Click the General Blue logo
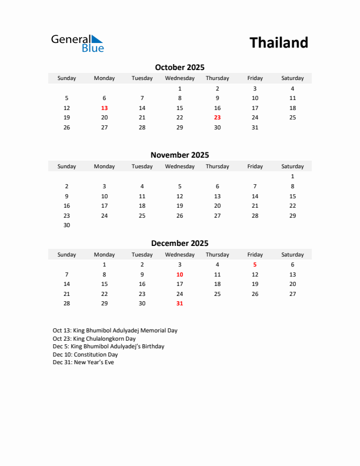point(77,43)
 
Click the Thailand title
point(278,43)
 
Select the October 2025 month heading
point(179,67)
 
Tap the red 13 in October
point(104,108)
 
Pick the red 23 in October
point(217,117)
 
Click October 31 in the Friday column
point(255,127)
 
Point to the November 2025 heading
point(179,155)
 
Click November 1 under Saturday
point(292,176)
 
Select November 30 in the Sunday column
point(66,225)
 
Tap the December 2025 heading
point(179,243)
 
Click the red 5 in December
point(255,265)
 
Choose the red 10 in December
point(179,274)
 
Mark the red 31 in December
point(179,304)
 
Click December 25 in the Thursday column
point(217,294)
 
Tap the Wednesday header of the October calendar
point(179,78)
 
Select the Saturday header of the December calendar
point(292,255)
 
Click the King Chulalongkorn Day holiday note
point(94,338)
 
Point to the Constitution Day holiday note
point(85,354)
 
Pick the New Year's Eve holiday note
point(83,362)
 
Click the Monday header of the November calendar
point(104,167)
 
